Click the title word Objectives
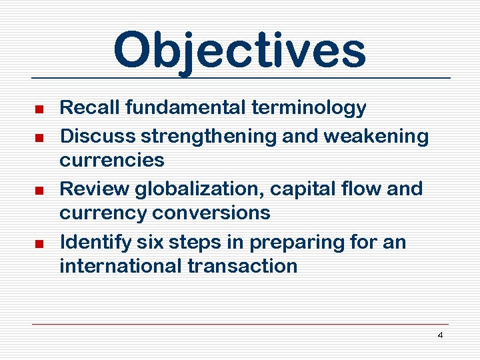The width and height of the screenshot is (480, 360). tap(239, 51)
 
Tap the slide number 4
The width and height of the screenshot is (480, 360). tap(440, 335)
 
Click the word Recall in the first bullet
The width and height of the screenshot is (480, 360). tap(87, 107)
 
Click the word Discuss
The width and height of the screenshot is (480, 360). tap(97, 136)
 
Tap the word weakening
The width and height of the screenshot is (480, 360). tap(376, 136)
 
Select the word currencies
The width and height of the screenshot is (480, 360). tap(112, 160)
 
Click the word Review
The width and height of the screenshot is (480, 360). tap(94, 189)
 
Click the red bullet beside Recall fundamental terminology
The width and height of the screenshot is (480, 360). tap(39, 109)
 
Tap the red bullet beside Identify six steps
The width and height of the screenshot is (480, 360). tap(39, 243)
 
